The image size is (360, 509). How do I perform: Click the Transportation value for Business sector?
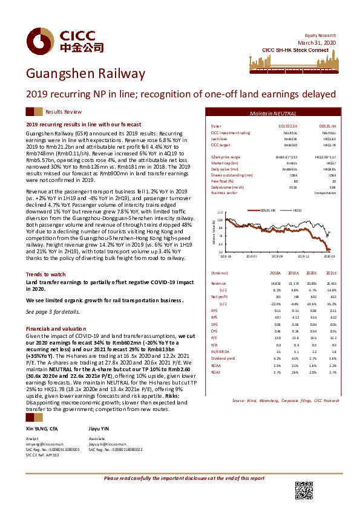[326, 193]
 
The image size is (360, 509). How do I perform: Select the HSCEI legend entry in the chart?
[297, 209]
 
